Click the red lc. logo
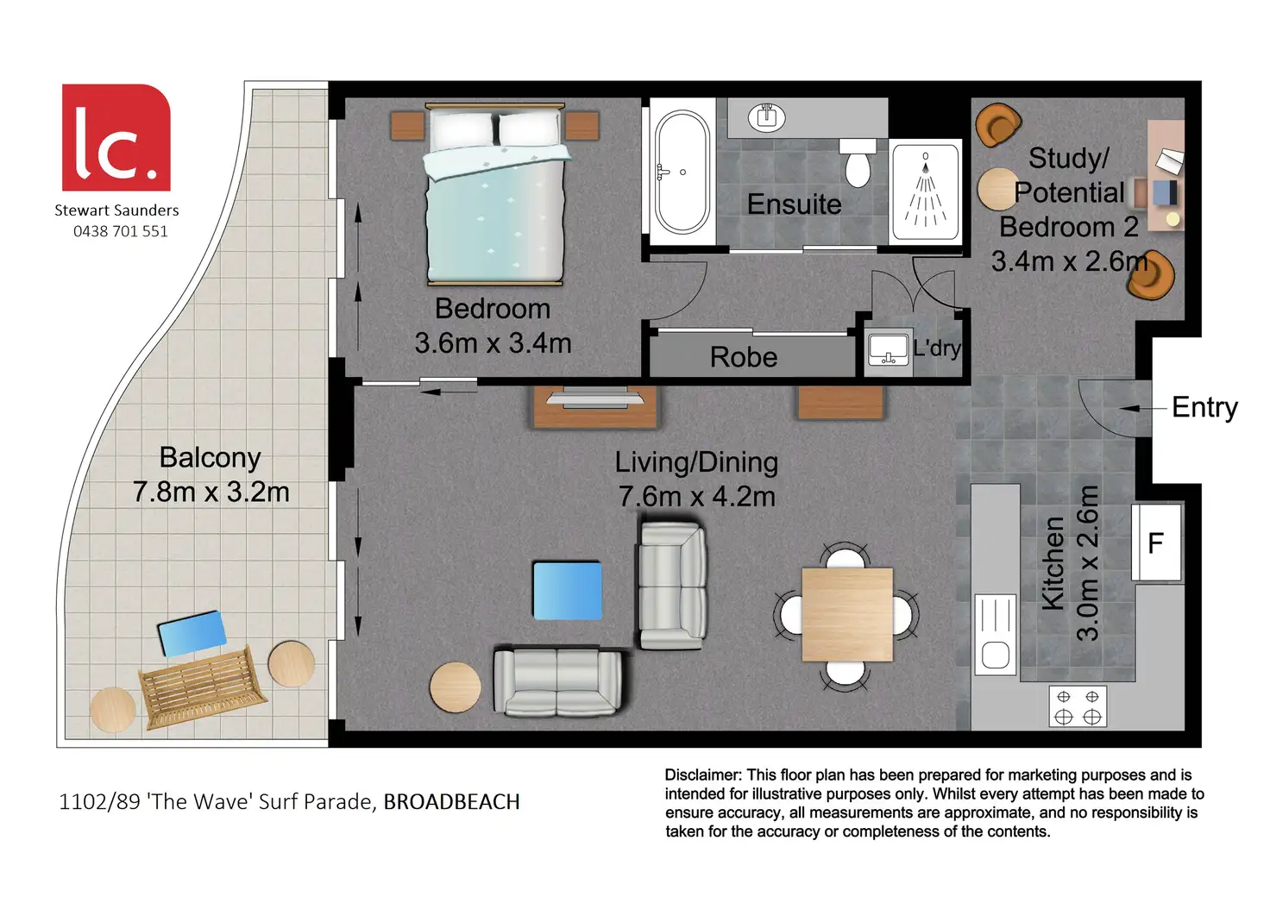[116, 138]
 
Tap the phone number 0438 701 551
[121, 231]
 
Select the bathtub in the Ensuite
[682, 172]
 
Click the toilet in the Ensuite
[858, 163]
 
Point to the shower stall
[925, 192]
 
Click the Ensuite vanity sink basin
[766, 117]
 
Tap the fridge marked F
[1157, 543]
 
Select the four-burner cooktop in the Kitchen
[1078, 706]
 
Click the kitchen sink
[995, 634]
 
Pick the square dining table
[847, 614]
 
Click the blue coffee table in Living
[568, 591]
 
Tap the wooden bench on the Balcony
[203, 687]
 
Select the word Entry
[1204, 407]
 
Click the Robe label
[744, 357]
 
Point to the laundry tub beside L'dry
[889, 349]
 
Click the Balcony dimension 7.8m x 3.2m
[211, 492]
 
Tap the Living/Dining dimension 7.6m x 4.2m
[697, 497]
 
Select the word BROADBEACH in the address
[451, 802]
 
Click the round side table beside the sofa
[456, 687]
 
